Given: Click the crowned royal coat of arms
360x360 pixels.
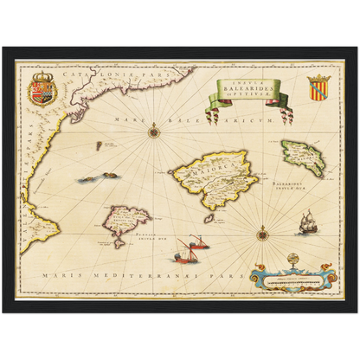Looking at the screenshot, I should coord(41,89).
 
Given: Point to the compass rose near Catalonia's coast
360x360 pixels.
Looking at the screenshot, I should coord(154,131).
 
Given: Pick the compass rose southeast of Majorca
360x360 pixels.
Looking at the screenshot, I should coord(261,231).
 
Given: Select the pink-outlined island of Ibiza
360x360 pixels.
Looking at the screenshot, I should coord(126,223).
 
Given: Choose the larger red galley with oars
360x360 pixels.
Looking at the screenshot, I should coord(183,252).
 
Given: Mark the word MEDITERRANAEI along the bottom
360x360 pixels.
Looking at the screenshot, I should coord(138,276).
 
